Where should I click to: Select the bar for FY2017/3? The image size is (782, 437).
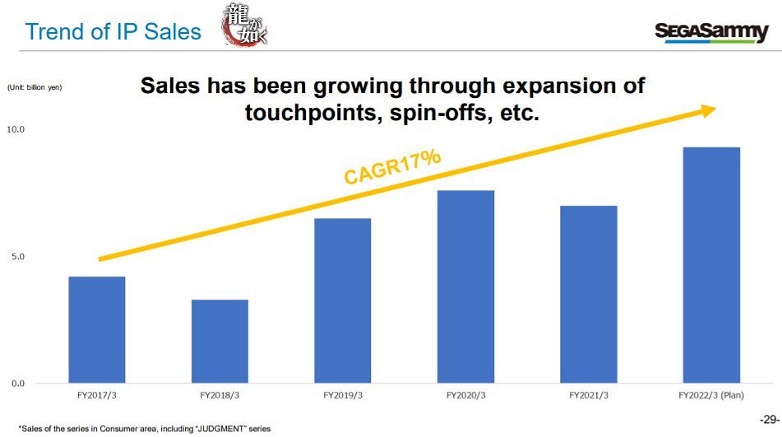click(97, 329)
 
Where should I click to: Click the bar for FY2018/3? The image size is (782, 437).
click(220, 341)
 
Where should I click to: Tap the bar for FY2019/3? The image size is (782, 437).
click(343, 300)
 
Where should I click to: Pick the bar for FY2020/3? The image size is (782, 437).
click(466, 286)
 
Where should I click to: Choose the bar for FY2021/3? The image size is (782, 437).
click(589, 294)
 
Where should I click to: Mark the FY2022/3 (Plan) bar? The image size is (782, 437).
click(712, 265)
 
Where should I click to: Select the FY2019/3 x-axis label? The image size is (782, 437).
click(343, 396)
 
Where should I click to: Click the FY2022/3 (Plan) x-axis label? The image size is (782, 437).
click(712, 396)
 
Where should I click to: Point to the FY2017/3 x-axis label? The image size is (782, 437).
click(97, 396)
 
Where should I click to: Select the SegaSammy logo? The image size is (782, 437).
click(711, 32)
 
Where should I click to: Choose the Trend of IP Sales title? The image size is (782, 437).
click(113, 32)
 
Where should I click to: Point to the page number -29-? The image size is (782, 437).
click(769, 418)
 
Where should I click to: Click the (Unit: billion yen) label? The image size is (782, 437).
click(35, 87)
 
